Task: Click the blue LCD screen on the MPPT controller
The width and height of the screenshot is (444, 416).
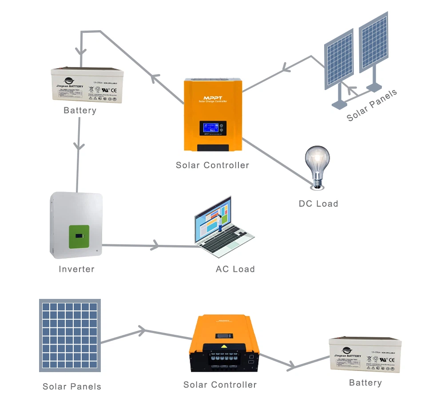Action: [213, 129]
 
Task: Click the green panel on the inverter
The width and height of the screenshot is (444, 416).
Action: [79, 237]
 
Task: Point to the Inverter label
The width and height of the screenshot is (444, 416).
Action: [76, 269]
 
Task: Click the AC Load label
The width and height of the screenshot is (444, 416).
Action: [235, 269]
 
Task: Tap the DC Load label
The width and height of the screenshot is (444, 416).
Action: [318, 204]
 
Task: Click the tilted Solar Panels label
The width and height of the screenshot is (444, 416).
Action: [372, 106]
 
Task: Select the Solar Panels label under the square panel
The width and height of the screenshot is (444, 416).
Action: [71, 387]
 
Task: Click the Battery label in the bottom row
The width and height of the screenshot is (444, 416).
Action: [365, 383]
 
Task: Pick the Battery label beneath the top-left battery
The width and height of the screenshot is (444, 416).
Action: [80, 110]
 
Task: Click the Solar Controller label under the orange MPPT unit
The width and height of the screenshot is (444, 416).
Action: [212, 165]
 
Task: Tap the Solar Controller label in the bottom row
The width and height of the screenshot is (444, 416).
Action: [220, 385]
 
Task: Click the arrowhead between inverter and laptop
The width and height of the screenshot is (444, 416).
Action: [155, 245]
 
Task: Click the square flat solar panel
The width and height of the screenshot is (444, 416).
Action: [70, 335]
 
